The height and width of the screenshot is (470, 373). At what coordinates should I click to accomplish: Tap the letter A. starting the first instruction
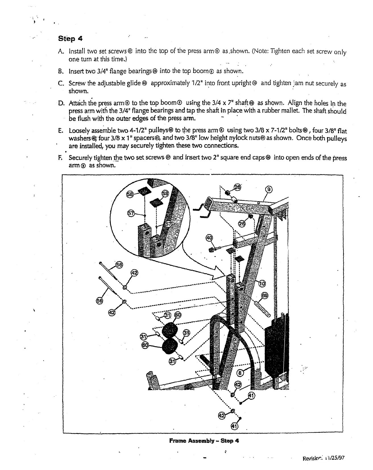60,51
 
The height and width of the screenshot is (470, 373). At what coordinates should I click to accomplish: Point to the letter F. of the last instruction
60,158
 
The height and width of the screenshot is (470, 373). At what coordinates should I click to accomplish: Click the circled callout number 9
269,190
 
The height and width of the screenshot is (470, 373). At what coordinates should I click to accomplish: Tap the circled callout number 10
262,283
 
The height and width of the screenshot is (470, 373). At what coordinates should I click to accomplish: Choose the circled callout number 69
265,296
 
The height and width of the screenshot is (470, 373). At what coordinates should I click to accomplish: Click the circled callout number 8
241,372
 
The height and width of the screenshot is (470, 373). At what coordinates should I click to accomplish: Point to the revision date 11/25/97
336,458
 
